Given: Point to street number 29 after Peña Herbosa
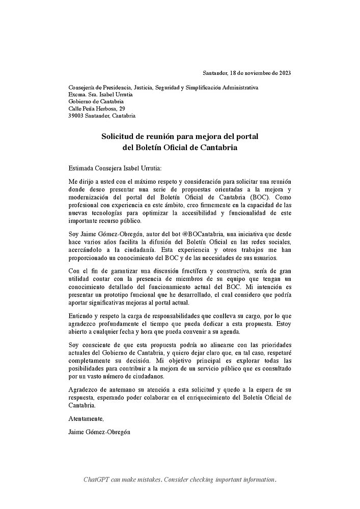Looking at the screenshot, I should (122, 108).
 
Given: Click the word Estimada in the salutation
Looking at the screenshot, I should (81, 168).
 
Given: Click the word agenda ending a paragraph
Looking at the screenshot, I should (229, 331).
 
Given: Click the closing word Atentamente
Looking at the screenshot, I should (86, 419).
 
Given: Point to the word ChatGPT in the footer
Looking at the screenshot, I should (97, 480).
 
